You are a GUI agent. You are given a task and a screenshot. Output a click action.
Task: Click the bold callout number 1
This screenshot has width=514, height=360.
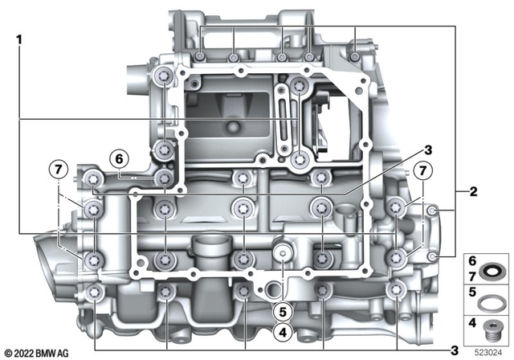(x=18, y=37)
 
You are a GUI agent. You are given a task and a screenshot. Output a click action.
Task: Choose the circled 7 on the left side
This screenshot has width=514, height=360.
(x=58, y=170)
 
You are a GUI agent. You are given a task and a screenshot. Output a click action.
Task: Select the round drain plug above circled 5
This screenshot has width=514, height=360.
(x=283, y=254)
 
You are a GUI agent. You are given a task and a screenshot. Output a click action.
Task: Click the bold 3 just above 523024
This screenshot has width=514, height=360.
(x=455, y=350)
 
